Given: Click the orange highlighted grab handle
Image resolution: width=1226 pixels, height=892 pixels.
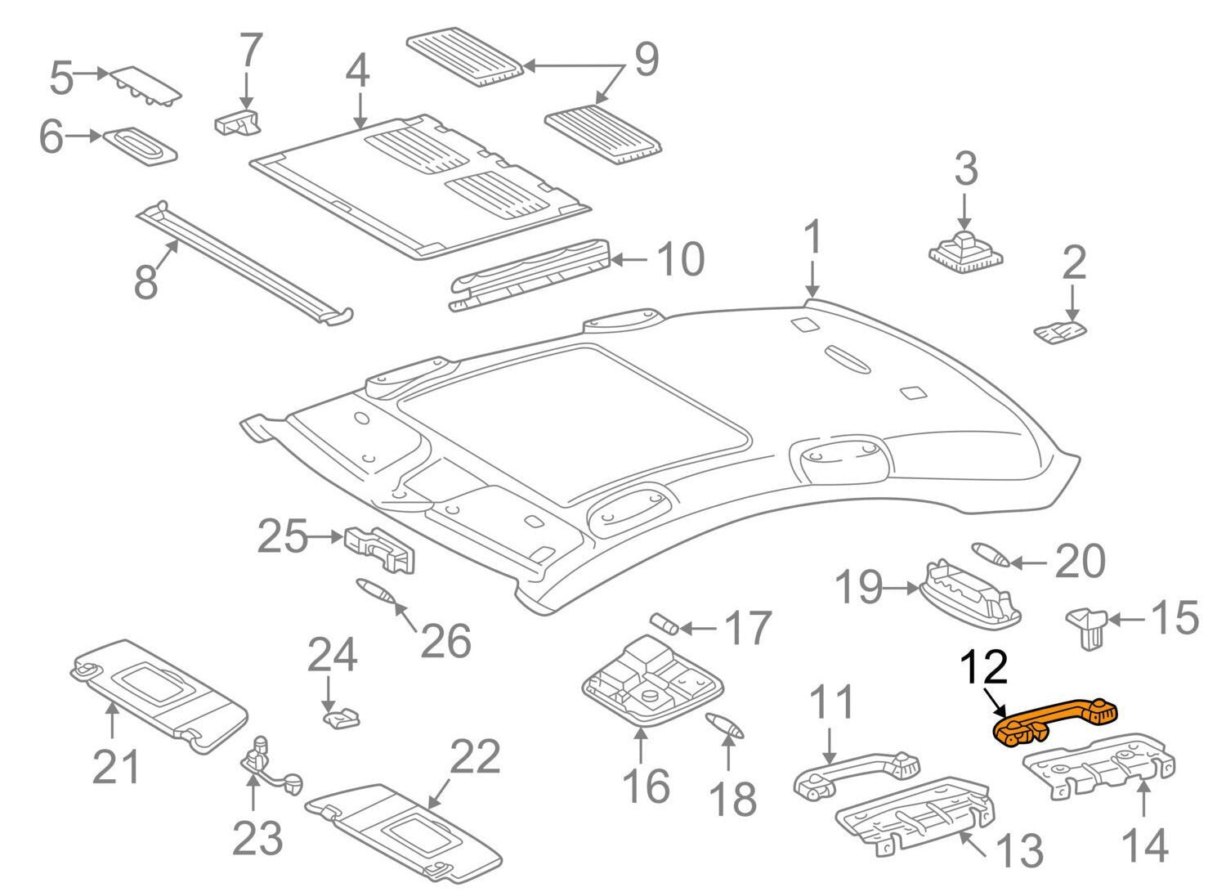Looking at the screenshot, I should pos(1054,719).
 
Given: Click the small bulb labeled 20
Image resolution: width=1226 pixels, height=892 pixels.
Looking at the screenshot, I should pos(990,553).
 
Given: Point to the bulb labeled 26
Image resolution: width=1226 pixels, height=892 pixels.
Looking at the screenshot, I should pos(377,591).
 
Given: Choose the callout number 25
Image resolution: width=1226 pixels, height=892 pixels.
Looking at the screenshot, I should pos(282,538).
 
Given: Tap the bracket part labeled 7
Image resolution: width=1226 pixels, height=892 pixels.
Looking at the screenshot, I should pos(238,123).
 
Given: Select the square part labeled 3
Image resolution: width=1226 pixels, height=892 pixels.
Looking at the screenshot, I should pos(965,249).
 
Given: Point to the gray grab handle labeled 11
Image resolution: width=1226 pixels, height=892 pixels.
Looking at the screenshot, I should pos(854,774).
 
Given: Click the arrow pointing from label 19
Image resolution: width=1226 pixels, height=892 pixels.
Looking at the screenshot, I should pos(902,587).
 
